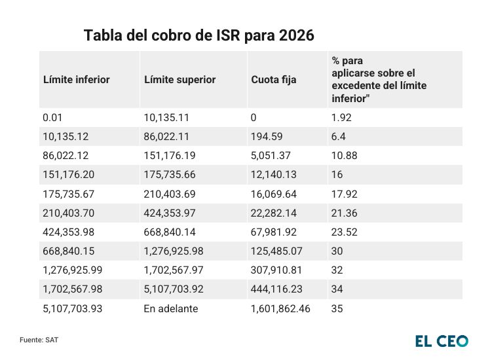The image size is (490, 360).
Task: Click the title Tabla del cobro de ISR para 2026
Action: tap(199, 36)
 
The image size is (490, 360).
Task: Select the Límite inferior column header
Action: tap(76, 80)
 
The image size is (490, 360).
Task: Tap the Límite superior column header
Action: tap(179, 80)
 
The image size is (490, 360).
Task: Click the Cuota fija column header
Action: tap(274, 80)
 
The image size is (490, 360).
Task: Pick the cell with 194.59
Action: tap(265, 137)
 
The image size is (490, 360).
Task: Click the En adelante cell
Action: tap(171, 309)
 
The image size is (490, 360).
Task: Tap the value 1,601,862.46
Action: tap(280, 309)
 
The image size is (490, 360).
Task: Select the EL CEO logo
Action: tap(442, 340)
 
